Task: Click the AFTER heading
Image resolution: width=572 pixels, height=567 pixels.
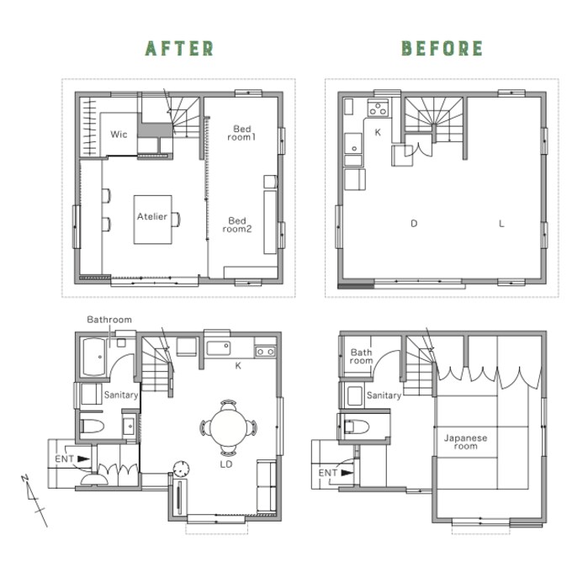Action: (x=179, y=49)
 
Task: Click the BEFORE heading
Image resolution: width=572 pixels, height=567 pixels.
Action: (x=442, y=49)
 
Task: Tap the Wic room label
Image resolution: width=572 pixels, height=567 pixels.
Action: (x=119, y=135)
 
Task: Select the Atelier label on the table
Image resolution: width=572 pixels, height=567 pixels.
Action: (x=151, y=216)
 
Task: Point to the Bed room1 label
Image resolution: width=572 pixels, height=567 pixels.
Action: (x=241, y=133)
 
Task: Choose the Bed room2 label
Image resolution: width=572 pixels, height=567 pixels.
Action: (x=237, y=225)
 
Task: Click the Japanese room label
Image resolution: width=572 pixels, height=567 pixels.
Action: (x=465, y=442)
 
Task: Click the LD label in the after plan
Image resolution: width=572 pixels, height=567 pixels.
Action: (x=226, y=464)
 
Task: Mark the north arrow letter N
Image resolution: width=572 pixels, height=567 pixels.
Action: (x=24, y=479)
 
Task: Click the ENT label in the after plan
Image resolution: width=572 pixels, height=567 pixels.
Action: (x=64, y=458)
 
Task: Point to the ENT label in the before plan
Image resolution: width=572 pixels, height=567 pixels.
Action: (x=327, y=473)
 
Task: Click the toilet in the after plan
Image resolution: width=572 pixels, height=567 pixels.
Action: (x=92, y=426)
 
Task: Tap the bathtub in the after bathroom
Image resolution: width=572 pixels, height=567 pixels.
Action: (x=94, y=358)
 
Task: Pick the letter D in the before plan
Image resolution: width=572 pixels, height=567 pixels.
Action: (x=414, y=223)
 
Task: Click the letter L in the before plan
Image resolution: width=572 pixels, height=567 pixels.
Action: (x=501, y=223)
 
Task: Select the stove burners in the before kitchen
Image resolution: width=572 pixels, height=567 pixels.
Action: (x=378, y=108)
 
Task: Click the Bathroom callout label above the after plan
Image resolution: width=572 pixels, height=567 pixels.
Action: (x=109, y=320)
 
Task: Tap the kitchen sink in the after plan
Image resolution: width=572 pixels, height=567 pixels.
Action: (x=219, y=348)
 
